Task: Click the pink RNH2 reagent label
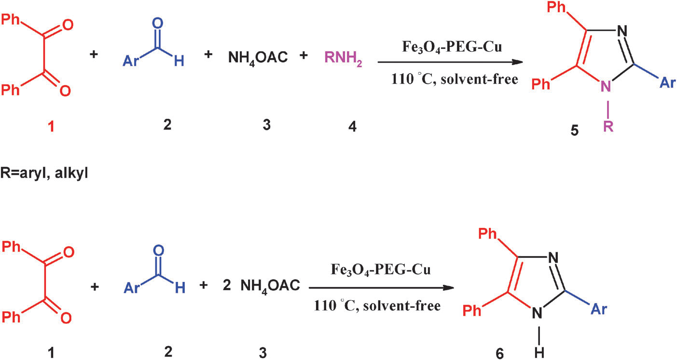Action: point(343,59)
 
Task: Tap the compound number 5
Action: point(574,131)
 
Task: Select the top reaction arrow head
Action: point(517,62)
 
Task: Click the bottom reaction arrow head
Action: point(448,288)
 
